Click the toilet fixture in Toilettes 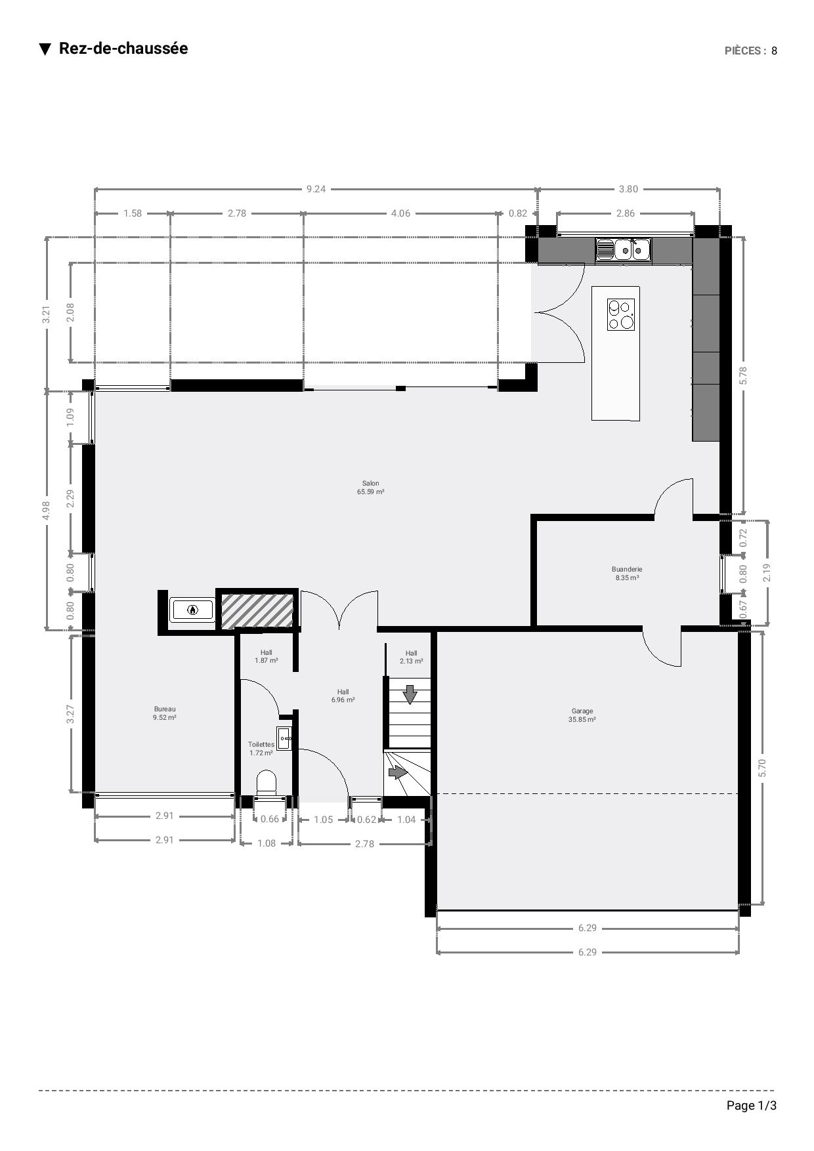267,783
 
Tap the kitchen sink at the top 623,249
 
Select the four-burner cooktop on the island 621,314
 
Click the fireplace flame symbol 192,610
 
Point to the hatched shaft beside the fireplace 257,610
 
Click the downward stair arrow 410,694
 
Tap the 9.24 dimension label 316,189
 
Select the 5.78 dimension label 743,375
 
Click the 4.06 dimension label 400,213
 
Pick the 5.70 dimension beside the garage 762,768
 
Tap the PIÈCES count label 751,51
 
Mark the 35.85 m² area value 582,720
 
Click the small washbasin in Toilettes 284,739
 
